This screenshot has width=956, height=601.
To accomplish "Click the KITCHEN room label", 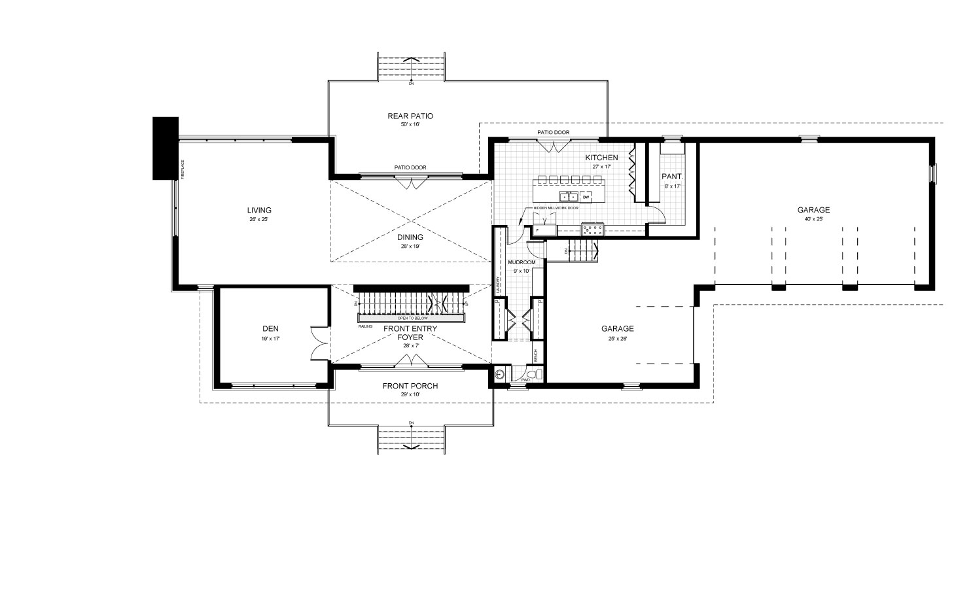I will [x=601, y=158].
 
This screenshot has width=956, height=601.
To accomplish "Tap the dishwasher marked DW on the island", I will [x=586, y=196].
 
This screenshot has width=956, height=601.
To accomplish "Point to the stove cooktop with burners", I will [x=593, y=230].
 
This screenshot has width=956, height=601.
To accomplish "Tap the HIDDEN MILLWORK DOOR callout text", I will [x=556, y=208].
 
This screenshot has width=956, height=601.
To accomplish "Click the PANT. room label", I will [x=672, y=177].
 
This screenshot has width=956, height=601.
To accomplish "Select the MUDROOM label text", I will [x=522, y=262].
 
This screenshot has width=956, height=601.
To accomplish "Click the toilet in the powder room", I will [x=536, y=374].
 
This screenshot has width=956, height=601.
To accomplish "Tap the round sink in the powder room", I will [x=500, y=375].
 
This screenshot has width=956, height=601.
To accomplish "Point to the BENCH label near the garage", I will [x=536, y=356].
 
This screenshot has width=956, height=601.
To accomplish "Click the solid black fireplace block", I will [x=165, y=148].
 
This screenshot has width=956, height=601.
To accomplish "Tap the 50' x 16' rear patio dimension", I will [x=410, y=124].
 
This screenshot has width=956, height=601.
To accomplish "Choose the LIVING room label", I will [x=259, y=210].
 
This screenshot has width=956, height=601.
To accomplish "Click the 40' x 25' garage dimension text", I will [x=813, y=219].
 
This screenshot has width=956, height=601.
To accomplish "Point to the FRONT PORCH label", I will [x=410, y=386].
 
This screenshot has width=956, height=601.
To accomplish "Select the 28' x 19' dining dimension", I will [x=410, y=247].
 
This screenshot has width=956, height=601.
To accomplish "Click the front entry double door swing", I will [x=410, y=360].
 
